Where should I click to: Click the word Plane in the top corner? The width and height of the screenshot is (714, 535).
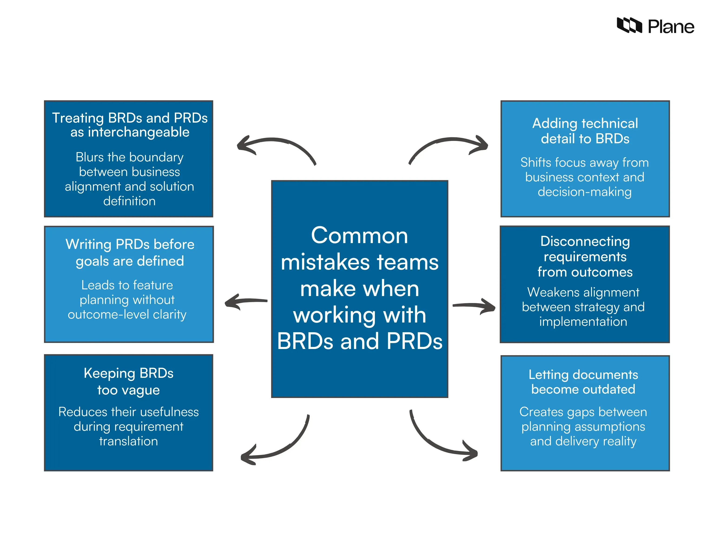(671, 27)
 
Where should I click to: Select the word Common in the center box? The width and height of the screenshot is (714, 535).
(359, 235)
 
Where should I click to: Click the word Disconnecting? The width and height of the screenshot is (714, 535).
(585, 241)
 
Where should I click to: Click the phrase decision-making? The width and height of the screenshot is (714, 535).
(584, 192)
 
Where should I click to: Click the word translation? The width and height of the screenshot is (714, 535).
(129, 441)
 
